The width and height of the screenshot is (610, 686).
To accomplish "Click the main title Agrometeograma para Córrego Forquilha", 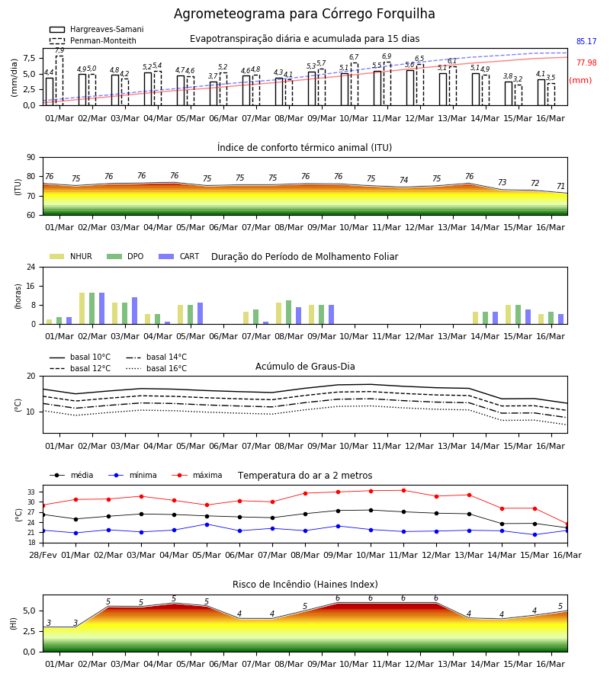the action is [304, 14].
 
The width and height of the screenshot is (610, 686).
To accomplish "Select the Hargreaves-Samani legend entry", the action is [96, 29].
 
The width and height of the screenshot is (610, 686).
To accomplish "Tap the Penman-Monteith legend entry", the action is [93, 40].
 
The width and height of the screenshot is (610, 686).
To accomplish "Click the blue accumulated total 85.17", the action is [586, 42].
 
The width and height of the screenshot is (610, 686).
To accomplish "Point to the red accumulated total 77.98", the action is [586, 63].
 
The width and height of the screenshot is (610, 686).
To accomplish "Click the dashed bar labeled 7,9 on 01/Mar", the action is [59, 81].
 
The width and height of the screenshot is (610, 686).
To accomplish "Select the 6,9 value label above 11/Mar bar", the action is [387, 56].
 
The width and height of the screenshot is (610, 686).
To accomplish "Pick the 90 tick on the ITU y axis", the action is [31, 158].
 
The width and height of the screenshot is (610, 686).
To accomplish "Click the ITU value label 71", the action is [560, 187].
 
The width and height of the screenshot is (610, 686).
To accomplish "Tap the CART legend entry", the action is [179, 256].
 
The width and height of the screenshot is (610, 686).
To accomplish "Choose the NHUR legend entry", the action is [71, 256].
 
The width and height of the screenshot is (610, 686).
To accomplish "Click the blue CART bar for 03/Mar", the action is [135, 311].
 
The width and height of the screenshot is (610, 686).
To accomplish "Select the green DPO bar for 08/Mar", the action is [289, 313].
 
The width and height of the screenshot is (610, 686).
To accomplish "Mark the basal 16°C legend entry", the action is [156, 368].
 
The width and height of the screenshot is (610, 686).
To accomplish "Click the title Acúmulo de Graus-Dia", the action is [305, 366].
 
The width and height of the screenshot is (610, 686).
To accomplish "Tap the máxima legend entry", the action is [197, 475].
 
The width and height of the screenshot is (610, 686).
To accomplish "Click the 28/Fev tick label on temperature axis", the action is [43, 555].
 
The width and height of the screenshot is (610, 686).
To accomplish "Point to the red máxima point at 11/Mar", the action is [403, 490].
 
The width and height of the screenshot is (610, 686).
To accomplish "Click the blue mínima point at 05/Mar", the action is [207, 524].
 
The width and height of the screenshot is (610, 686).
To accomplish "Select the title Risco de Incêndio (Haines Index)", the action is [305, 585].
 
